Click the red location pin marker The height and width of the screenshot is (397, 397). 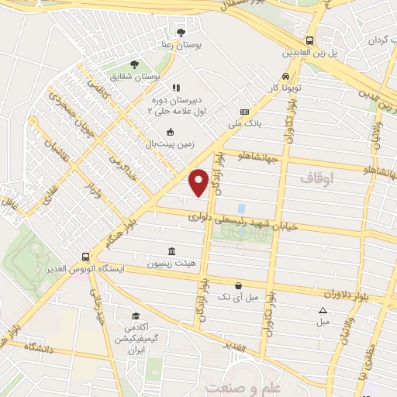(198, 181)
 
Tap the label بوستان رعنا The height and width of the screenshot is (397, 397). (181, 46)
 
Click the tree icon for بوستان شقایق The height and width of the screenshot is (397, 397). (135, 64)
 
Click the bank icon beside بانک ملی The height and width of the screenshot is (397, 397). (244, 112)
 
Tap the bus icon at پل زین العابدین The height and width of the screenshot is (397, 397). (310, 40)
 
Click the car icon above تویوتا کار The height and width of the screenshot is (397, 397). (286, 76)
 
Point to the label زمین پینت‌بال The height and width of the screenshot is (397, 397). (167, 143)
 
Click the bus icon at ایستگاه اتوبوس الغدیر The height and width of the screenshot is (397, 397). (85, 255)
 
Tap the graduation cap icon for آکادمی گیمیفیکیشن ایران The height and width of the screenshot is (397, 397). (136, 316)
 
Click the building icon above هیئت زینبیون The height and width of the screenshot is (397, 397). (171, 251)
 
